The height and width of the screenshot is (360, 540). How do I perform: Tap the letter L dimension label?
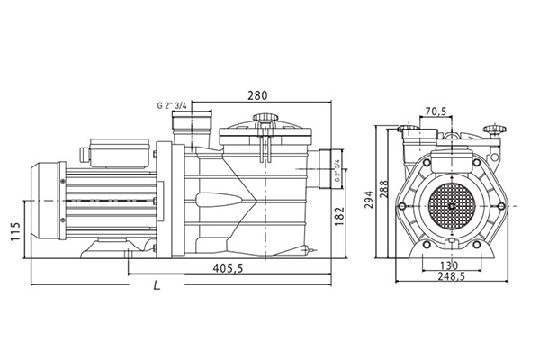click(157, 286)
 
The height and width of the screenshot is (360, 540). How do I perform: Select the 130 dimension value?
click(448, 265)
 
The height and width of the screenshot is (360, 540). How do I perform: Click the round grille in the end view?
click(449, 206)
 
